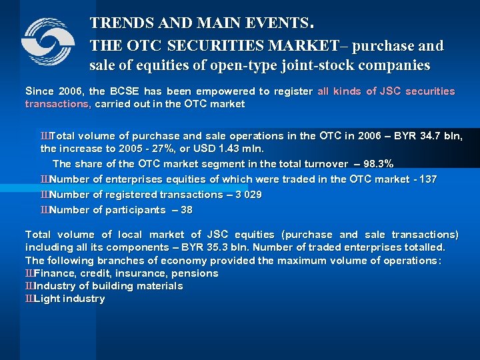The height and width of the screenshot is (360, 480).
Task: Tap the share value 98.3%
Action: [377, 164]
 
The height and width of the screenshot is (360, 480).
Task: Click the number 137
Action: [428, 179]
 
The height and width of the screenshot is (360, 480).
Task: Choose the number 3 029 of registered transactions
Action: [247, 195]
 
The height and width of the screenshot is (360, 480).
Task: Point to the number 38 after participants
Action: [187, 210]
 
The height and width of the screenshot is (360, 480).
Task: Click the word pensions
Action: [195, 273]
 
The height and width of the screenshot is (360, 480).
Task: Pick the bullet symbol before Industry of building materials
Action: [29, 286]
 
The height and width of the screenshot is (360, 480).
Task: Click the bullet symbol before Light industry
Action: [29, 299]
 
